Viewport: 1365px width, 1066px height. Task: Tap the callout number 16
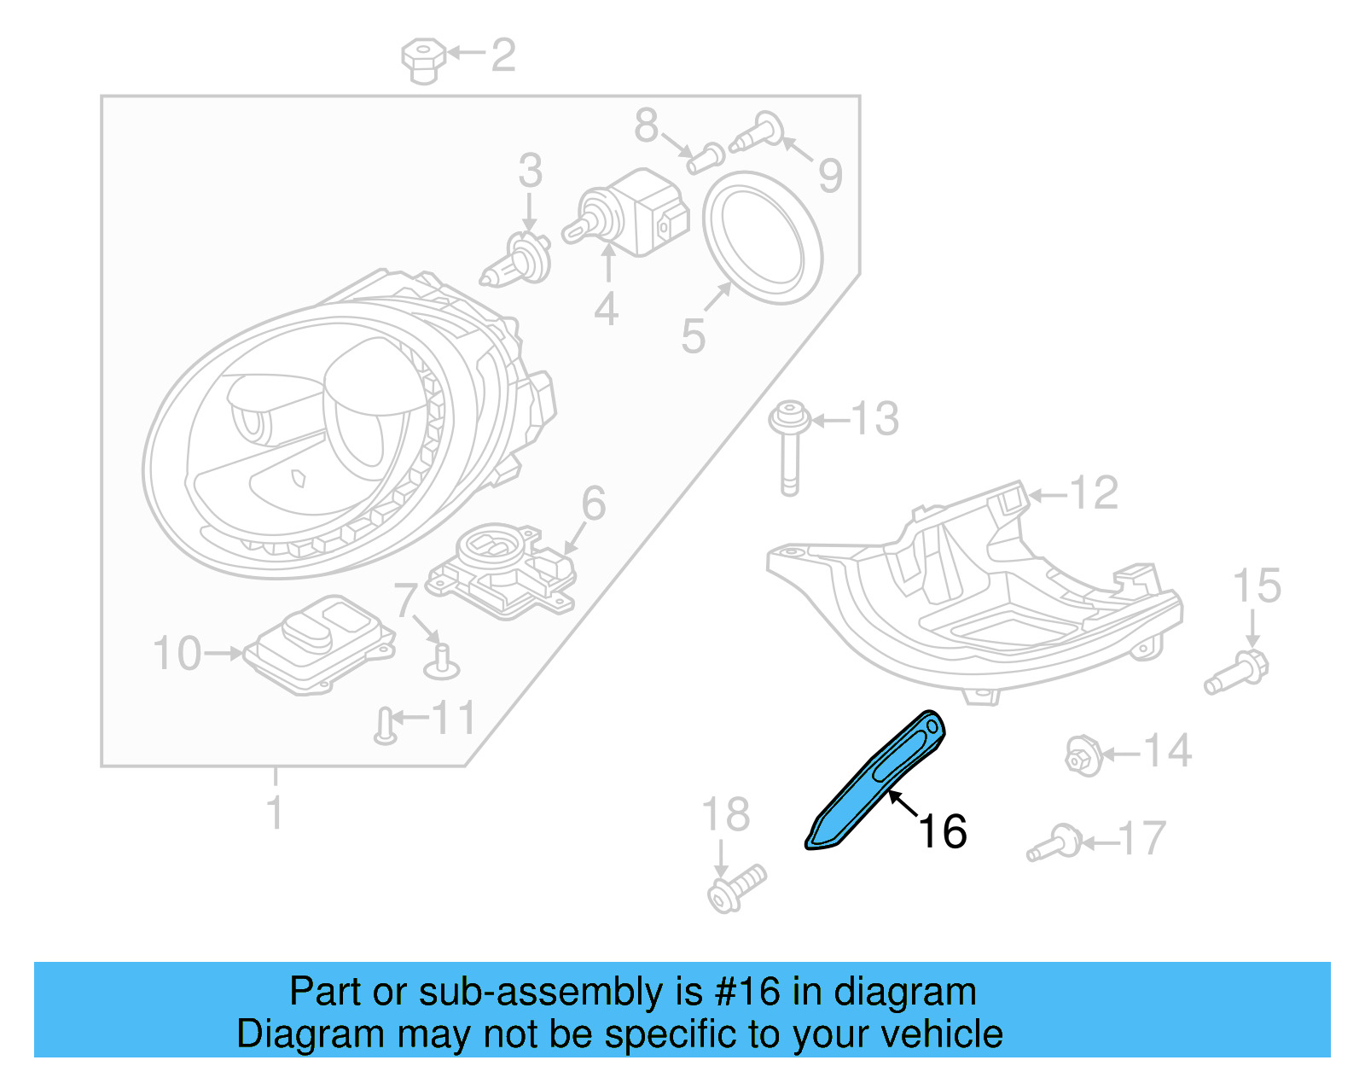tap(942, 832)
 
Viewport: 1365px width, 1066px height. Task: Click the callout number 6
tap(594, 504)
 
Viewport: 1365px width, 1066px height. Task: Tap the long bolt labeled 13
tap(790, 448)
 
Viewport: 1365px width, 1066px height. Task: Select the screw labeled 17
tap(1054, 844)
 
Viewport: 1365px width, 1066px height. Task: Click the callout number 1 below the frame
tap(275, 813)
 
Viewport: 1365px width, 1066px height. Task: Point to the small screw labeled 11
tap(386, 725)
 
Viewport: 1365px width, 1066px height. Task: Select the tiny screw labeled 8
tap(706, 158)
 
